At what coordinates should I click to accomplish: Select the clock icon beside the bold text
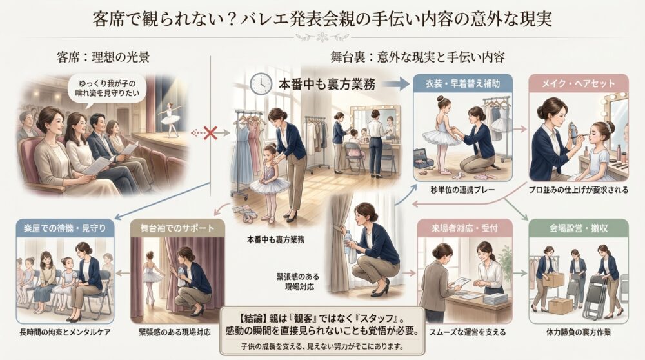(261, 83)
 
